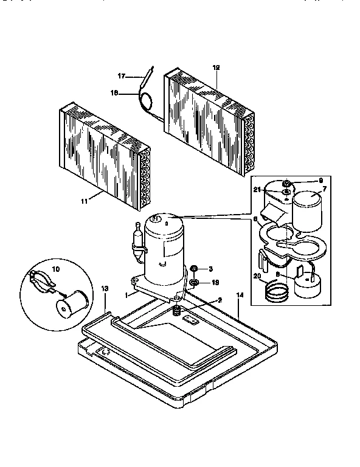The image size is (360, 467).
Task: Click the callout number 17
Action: [120, 76]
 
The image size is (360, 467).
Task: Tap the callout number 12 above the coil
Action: [216, 67]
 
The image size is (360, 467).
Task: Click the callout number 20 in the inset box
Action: [257, 276]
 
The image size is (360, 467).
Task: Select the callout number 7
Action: [324, 189]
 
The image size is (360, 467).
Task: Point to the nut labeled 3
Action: [193, 268]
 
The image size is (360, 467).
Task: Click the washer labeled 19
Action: [193, 282]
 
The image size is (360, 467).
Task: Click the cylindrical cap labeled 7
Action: [310, 210]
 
